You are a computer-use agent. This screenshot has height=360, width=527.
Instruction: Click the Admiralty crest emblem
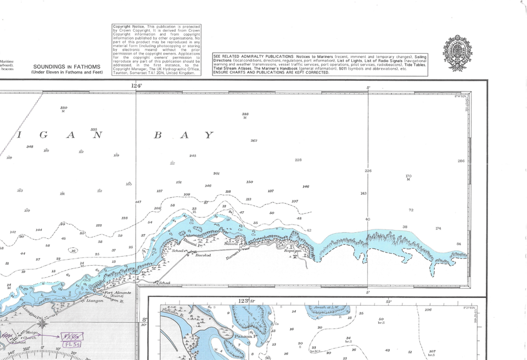click(457, 53)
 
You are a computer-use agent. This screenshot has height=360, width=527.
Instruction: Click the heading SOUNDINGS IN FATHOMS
click(66, 67)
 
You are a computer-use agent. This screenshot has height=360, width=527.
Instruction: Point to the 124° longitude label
click(136, 86)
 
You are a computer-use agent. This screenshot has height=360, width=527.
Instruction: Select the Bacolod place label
click(203, 255)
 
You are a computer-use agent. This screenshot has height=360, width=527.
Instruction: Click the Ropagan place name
click(293, 251)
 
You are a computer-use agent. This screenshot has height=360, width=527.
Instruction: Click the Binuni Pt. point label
click(189, 242)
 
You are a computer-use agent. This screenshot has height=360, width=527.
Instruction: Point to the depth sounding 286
click(461, 161)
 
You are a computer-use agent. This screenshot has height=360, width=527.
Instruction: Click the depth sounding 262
click(254, 140)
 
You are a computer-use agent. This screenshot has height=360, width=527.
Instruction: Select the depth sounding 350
click(64, 108)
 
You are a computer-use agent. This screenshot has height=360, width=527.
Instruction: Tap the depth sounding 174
click(438, 228)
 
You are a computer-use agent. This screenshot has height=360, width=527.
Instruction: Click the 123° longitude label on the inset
click(242, 301)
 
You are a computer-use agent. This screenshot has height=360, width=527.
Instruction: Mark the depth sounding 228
click(298, 160)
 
